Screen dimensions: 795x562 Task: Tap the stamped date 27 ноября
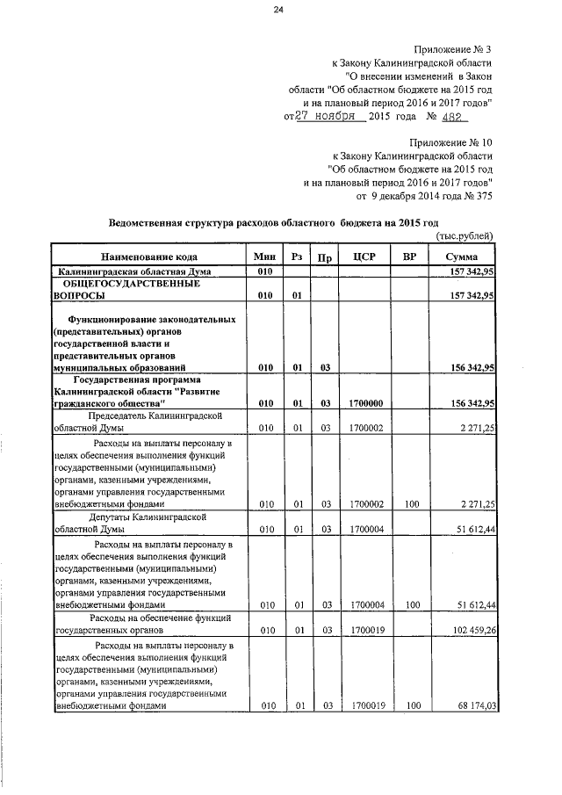[x=324, y=116]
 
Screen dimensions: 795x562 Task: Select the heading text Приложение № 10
[x=451, y=141]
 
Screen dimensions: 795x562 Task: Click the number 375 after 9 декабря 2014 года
[x=482, y=196]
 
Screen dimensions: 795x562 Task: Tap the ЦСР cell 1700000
[x=364, y=403]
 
